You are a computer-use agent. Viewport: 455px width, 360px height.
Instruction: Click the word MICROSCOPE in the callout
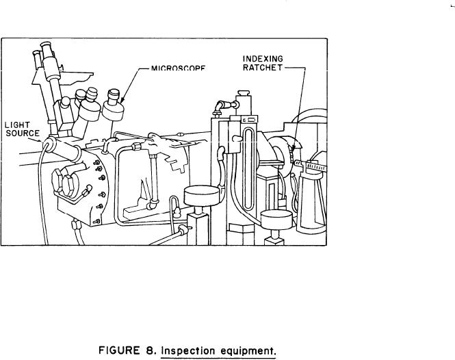point(178,68)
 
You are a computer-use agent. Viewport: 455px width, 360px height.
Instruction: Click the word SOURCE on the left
point(21,132)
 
